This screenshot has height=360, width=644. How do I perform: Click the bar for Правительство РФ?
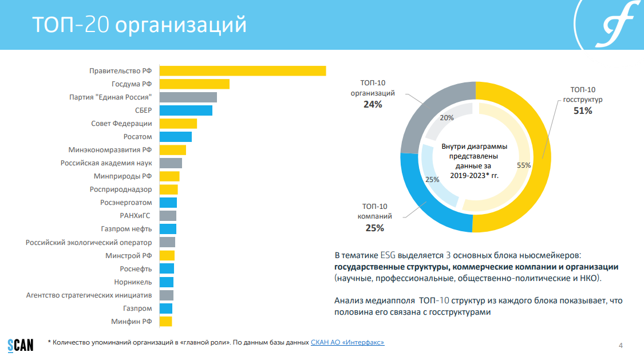point(242,71)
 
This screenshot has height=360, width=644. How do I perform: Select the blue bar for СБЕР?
point(185,110)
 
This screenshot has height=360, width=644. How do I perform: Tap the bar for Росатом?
point(175,137)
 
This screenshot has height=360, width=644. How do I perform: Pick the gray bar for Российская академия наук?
point(171,163)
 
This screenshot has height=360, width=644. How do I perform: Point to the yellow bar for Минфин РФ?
point(165,322)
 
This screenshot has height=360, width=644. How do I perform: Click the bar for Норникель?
point(166,282)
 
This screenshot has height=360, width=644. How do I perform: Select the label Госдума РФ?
point(132,84)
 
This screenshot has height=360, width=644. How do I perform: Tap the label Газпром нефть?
point(131,229)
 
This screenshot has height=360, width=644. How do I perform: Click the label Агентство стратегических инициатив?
point(89,295)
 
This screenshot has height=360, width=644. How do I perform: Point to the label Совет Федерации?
point(122,124)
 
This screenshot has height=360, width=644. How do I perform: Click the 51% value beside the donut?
point(583,111)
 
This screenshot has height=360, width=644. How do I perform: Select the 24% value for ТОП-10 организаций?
point(373,105)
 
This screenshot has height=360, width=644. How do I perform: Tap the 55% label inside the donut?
point(524,165)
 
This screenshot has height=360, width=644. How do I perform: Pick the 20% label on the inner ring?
point(447,118)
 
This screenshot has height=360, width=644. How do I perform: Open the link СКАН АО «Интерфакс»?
point(347,342)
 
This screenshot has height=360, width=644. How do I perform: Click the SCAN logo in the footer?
point(20,344)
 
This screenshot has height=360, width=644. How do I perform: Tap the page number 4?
point(621,345)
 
